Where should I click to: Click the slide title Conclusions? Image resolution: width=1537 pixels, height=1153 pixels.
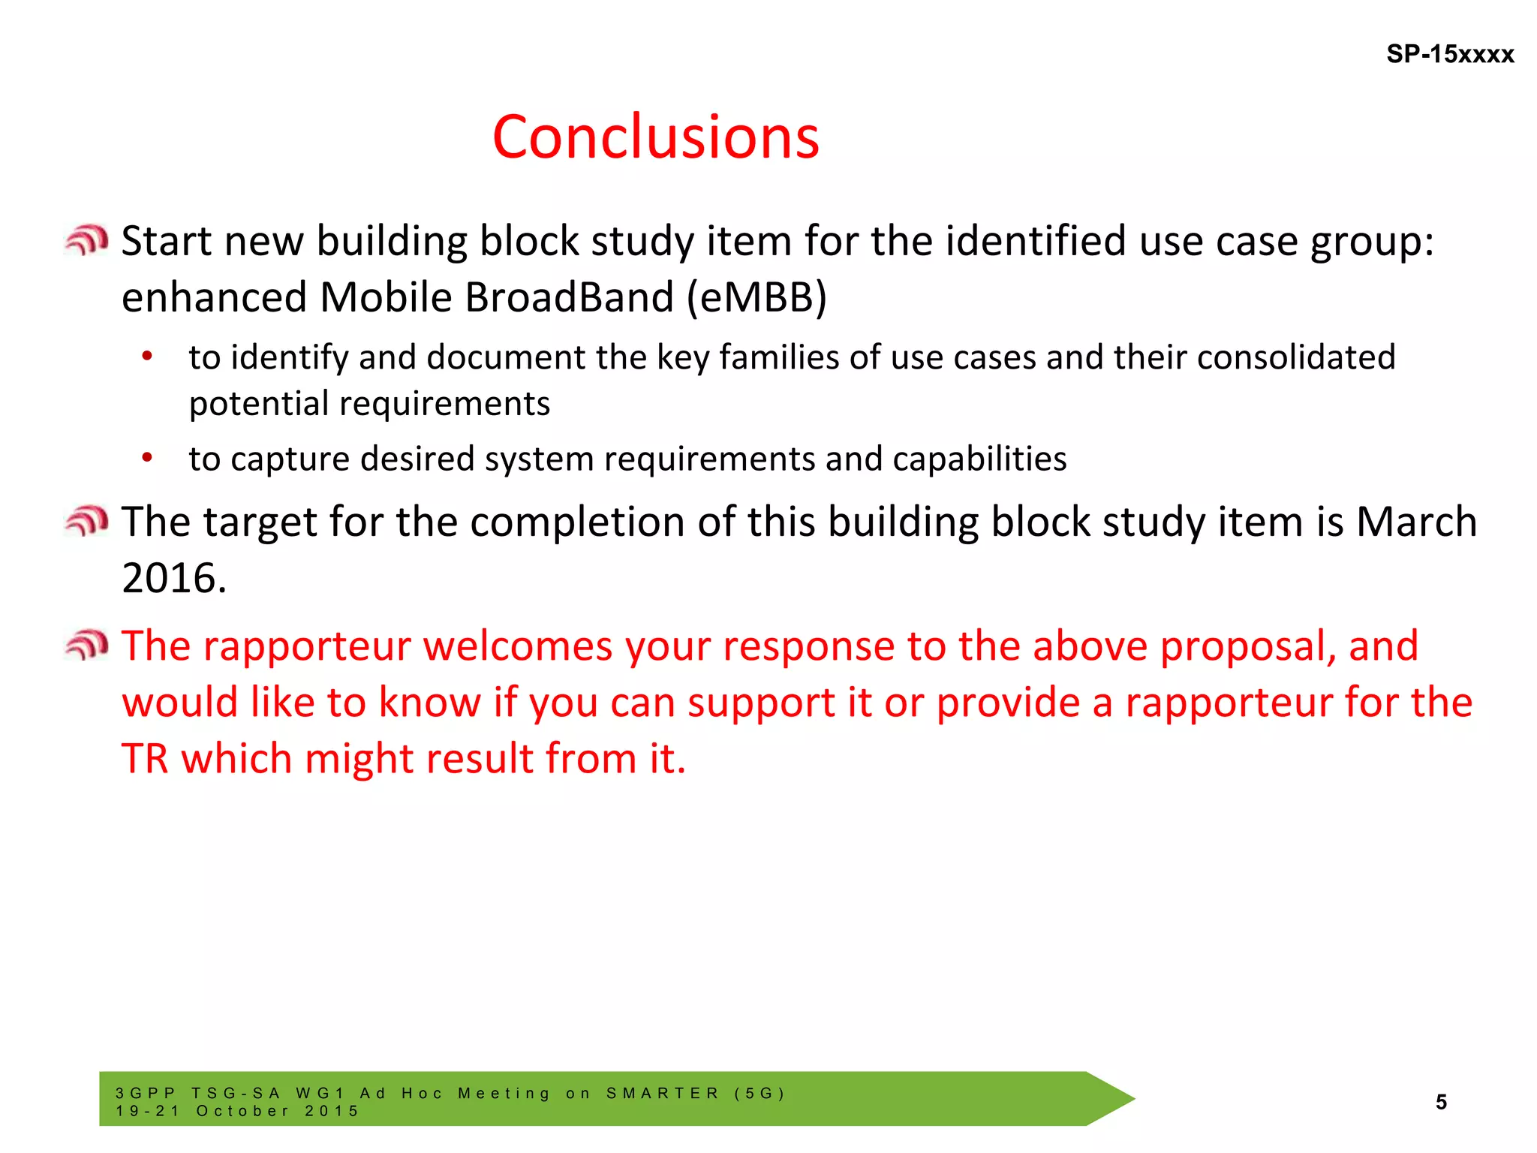pyautogui.click(x=655, y=137)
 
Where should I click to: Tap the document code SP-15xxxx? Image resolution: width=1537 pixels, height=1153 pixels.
pyautogui.click(x=1449, y=55)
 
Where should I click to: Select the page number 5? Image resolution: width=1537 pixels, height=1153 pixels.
pyautogui.click(x=1441, y=1101)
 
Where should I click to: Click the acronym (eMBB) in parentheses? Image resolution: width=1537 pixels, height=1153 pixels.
pyautogui.click(x=756, y=297)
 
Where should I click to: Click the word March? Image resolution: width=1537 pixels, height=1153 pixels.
pyautogui.click(x=1416, y=522)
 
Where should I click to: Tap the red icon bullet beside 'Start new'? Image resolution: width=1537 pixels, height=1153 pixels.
pyautogui.click(x=86, y=240)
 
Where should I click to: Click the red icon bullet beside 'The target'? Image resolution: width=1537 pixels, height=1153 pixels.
pyautogui.click(x=86, y=521)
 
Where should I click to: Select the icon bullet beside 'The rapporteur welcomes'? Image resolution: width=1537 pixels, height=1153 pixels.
pyautogui.click(x=86, y=645)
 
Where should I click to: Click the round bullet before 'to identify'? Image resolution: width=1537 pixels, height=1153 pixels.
pyautogui.click(x=147, y=356)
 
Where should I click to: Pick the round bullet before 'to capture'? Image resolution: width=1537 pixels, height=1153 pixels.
pyautogui.click(x=147, y=457)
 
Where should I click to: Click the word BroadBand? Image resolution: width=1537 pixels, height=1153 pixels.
pyautogui.click(x=570, y=297)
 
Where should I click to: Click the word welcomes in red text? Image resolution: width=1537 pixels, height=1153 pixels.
pyautogui.click(x=518, y=646)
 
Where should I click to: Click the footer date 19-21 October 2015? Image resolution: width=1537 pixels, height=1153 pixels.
pyautogui.click(x=237, y=1111)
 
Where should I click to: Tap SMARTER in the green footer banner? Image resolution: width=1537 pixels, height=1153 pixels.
pyautogui.click(x=663, y=1093)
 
